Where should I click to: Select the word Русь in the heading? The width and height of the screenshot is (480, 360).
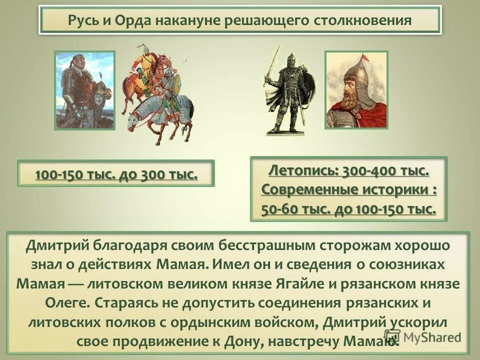point(85,21)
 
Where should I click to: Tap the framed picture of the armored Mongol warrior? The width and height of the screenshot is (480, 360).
point(84,90)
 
